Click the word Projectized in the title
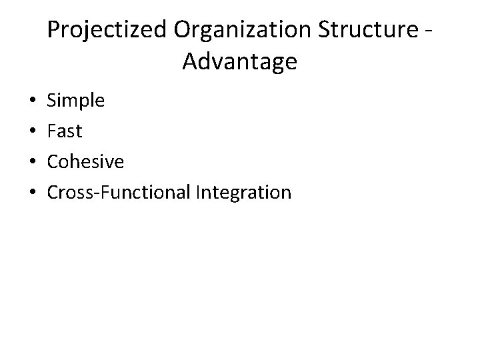point(109,31)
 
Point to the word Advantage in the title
point(239,63)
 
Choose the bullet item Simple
point(76,101)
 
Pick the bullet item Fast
point(65,132)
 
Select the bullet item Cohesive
point(86,162)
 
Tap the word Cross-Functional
point(119,193)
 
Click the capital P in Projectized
point(55,31)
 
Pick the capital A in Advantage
point(190,63)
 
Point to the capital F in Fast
point(52,132)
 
